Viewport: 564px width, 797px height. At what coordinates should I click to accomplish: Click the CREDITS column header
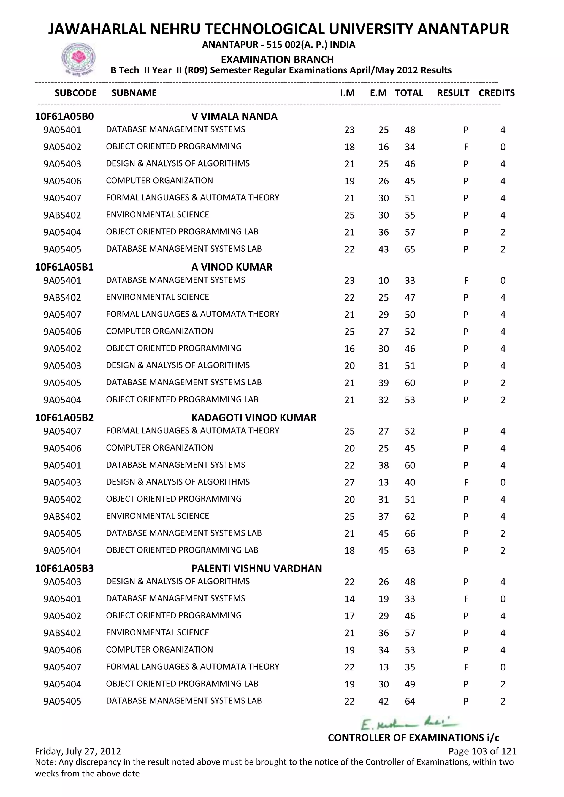(496, 93)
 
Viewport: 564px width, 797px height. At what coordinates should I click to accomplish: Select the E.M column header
(378, 93)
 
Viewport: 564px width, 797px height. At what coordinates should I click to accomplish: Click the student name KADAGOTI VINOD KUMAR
(254, 417)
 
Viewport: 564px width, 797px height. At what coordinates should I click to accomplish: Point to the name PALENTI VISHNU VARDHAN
(256, 568)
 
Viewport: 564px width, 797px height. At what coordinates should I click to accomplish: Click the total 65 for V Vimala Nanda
(410, 249)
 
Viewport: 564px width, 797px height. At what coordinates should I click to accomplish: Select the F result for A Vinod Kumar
(466, 280)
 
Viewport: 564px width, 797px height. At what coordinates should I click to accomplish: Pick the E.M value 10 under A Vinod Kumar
(383, 280)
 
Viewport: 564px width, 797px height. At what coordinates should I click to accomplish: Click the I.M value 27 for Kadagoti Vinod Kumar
(349, 482)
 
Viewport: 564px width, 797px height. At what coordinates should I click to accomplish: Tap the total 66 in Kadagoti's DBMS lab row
(410, 534)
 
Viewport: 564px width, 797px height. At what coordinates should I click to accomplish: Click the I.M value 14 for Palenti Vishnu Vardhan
(349, 599)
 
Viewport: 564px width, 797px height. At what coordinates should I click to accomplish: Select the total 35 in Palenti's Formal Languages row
(410, 667)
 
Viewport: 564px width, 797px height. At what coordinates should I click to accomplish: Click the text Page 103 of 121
(482, 751)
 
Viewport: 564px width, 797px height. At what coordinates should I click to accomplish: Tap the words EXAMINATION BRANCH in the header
(277, 59)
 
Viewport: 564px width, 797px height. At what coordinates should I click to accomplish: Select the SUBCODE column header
(75, 93)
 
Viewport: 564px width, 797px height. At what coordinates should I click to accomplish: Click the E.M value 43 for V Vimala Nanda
(383, 249)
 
